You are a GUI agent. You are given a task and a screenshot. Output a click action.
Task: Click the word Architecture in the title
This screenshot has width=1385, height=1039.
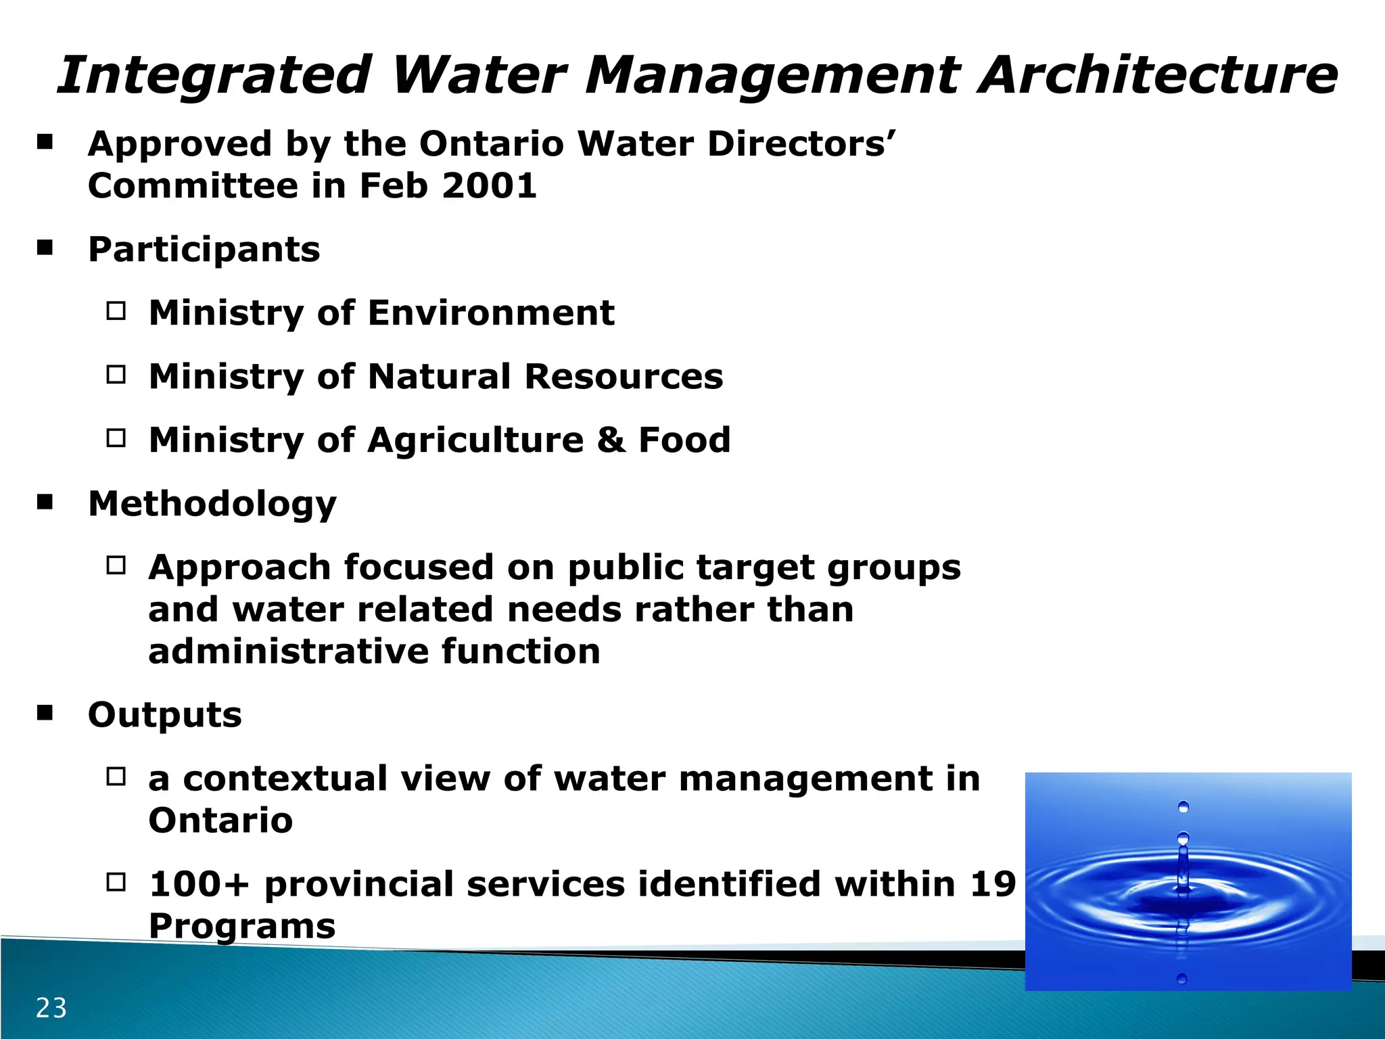(1158, 74)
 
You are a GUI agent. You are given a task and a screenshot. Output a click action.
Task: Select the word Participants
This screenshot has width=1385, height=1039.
(204, 249)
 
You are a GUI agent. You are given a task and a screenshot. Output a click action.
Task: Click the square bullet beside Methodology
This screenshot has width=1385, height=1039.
(45, 502)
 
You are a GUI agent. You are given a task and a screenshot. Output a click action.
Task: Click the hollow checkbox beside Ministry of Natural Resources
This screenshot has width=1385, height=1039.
(116, 375)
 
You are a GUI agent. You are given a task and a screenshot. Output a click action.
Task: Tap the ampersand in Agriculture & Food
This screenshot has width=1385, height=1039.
(611, 440)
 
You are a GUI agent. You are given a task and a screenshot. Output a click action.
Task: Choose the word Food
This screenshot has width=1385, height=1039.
(684, 440)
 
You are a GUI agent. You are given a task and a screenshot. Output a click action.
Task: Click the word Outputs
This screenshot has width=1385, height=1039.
(164, 714)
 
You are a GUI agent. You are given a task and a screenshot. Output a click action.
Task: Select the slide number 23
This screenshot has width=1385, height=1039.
(51, 1008)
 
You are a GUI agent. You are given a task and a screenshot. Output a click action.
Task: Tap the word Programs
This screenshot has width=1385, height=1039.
(241, 925)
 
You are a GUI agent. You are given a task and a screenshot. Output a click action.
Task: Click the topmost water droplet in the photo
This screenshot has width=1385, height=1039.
(1183, 806)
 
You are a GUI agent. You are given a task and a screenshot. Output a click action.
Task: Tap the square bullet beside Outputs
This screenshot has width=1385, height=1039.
(45, 713)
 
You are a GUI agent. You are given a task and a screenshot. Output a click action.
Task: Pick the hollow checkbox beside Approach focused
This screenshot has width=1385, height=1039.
(116, 565)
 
